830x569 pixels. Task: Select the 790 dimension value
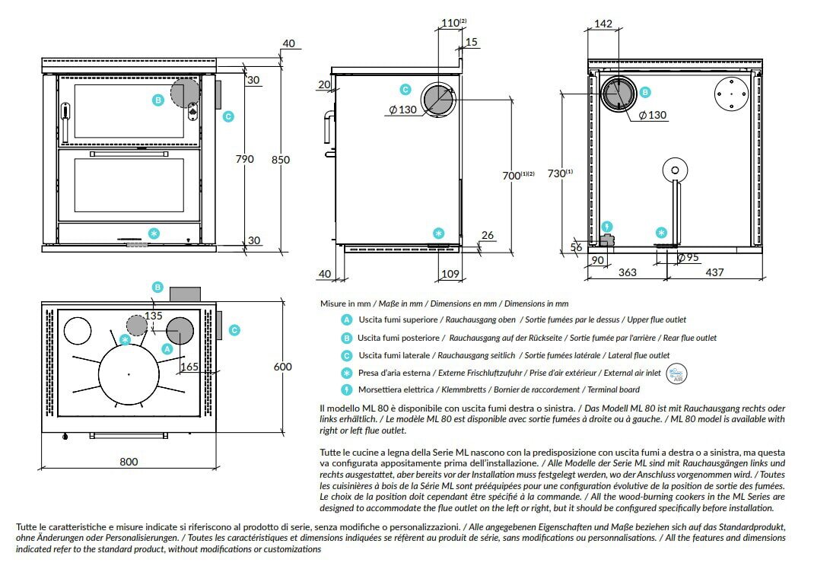244,160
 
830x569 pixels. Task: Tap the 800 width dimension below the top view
129,461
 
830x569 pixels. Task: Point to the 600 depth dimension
282,367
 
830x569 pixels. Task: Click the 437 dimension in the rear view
714,272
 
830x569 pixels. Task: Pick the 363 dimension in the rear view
628,272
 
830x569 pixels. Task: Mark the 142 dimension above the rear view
603,24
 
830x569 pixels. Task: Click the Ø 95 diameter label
688,257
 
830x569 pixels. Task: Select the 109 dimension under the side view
450,273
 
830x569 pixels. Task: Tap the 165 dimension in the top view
190,367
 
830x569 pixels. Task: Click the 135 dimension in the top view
154,316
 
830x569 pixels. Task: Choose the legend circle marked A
347,320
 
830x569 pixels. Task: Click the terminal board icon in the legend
347,389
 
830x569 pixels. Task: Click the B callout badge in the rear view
645,92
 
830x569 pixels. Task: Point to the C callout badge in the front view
228,116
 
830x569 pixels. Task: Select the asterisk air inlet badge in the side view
438,233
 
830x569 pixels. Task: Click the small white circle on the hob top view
76,330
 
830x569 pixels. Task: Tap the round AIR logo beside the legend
676,374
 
